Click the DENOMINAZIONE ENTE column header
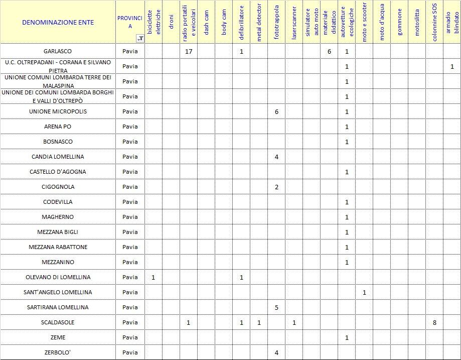pyautogui.click(x=58, y=22)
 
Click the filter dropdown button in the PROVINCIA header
pyautogui.click(x=140, y=39)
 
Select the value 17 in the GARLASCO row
pyautogui.click(x=189, y=51)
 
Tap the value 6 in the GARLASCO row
pyautogui.click(x=329, y=51)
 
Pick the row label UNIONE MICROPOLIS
pyautogui.click(x=58, y=111)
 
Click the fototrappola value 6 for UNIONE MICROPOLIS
pyautogui.click(x=276, y=111)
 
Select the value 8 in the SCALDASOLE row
pyautogui.click(x=434, y=322)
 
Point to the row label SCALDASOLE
pyautogui.click(x=58, y=322)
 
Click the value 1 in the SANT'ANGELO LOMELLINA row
pyautogui.click(x=364, y=292)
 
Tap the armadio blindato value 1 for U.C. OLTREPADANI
pyautogui.click(x=452, y=66)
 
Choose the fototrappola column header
pyautogui.click(x=276, y=23)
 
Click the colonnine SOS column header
pyautogui.click(x=434, y=23)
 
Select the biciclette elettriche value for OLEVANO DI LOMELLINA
pyautogui.click(x=153, y=277)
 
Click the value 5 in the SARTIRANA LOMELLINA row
pyautogui.click(x=276, y=307)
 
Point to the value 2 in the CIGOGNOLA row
pyautogui.click(x=276, y=187)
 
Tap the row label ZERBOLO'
pyautogui.click(x=58, y=352)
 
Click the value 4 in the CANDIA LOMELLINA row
pyautogui.click(x=276, y=157)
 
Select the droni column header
pyautogui.click(x=171, y=23)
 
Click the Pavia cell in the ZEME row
pyautogui.click(x=130, y=337)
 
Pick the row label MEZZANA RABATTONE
pyautogui.click(x=58, y=247)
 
